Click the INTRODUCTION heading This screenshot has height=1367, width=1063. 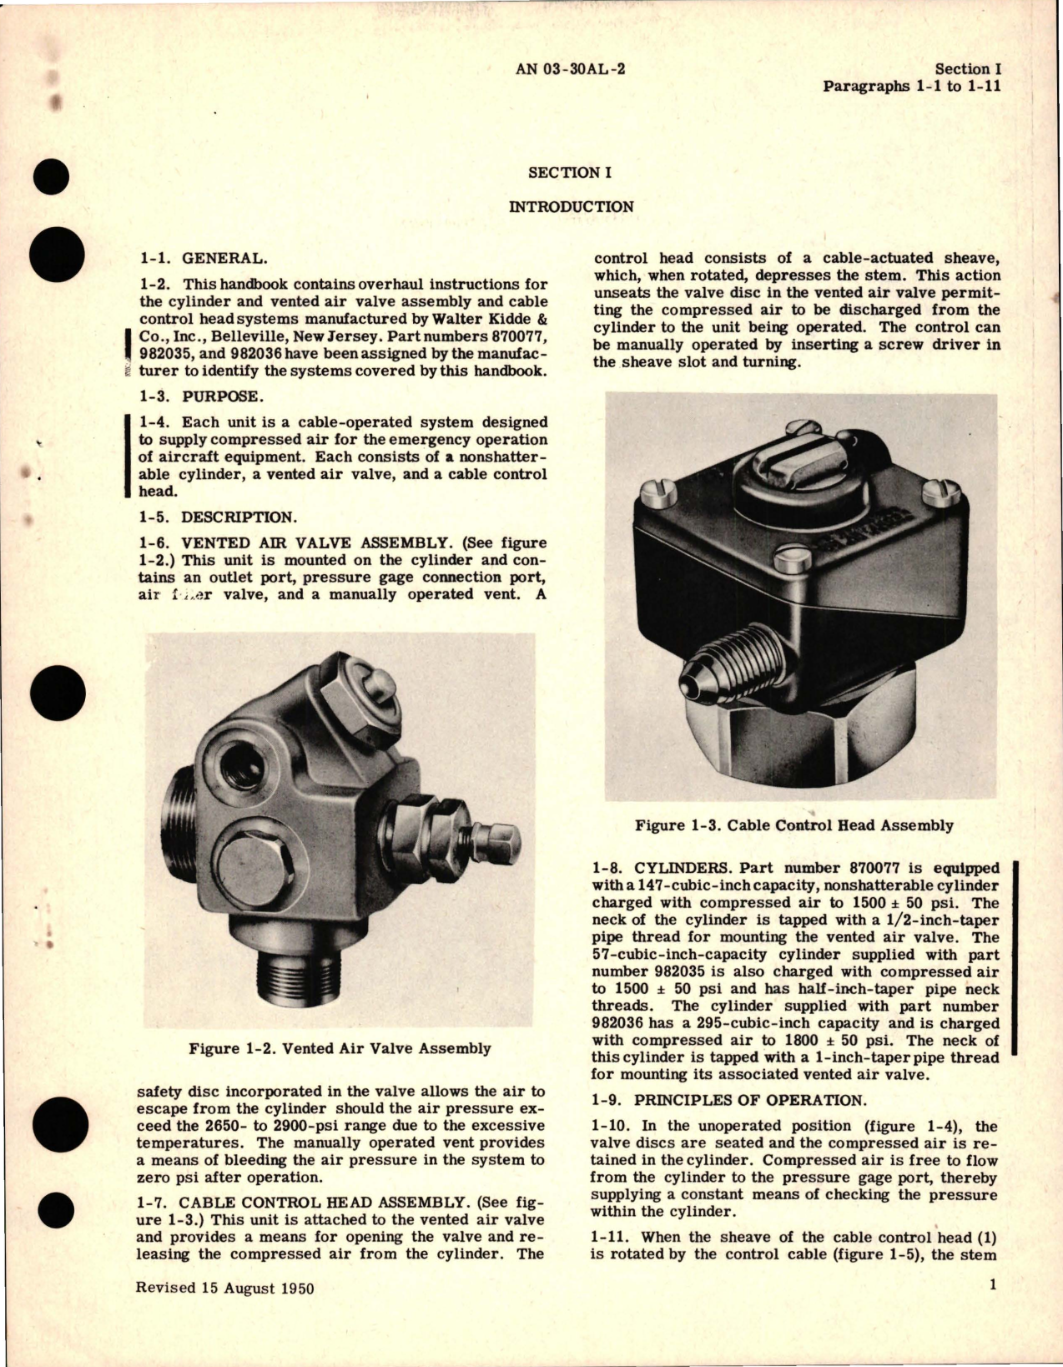(x=571, y=207)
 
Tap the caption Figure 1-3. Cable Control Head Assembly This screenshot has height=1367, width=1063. (x=793, y=825)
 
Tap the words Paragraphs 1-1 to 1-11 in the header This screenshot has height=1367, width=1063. (x=911, y=86)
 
